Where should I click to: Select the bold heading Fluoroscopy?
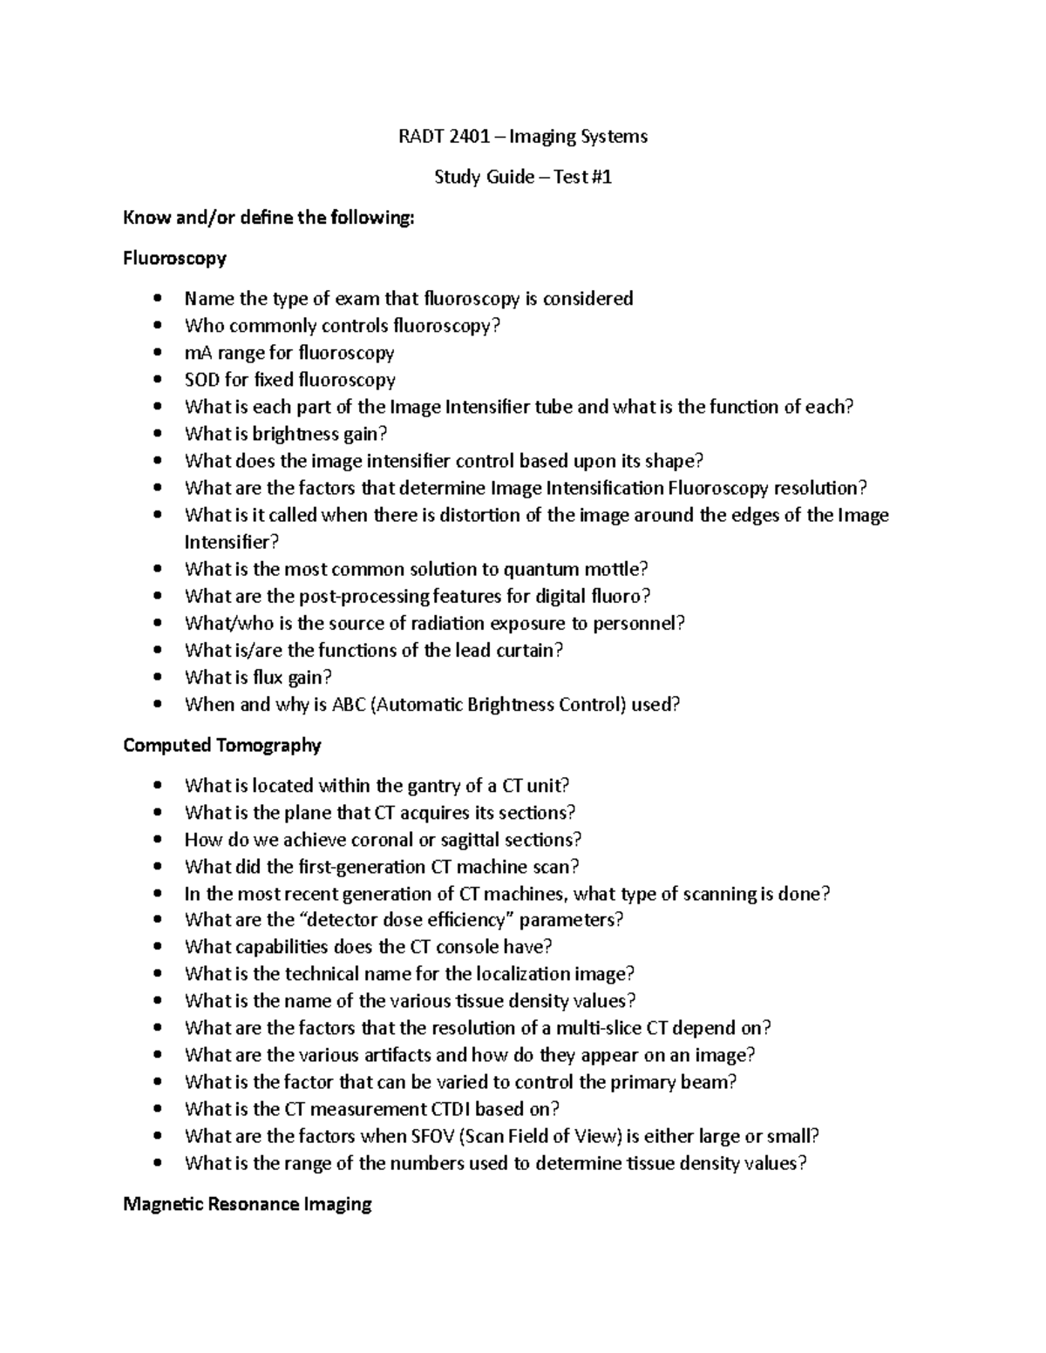(174, 258)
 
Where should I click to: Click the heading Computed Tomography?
(222, 745)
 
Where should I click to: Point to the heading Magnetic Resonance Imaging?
(248, 1204)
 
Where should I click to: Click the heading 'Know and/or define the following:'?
(268, 218)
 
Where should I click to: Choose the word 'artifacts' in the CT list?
(393, 1055)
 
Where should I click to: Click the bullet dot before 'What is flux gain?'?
(157, 677)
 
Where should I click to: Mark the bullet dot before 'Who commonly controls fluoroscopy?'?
(157, 326)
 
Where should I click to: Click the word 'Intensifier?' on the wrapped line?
(232, 543)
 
